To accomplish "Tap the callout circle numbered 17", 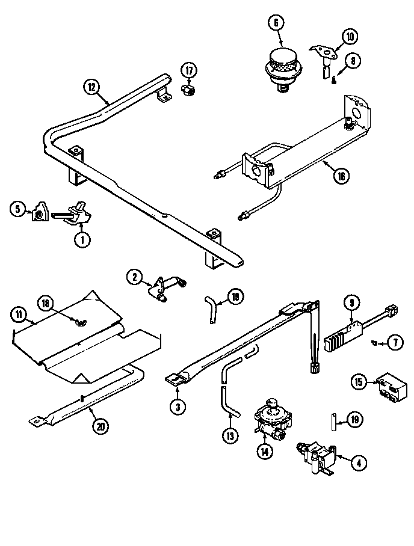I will tap(189, 71).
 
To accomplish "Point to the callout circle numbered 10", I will tap(349, 37).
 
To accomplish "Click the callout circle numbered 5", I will tap(17, 209).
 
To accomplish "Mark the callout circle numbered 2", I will tap(134, 277).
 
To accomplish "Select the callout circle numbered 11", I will tap(19, 313).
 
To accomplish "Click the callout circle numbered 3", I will tap(176, 406).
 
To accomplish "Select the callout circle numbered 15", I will tap(359, 382).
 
